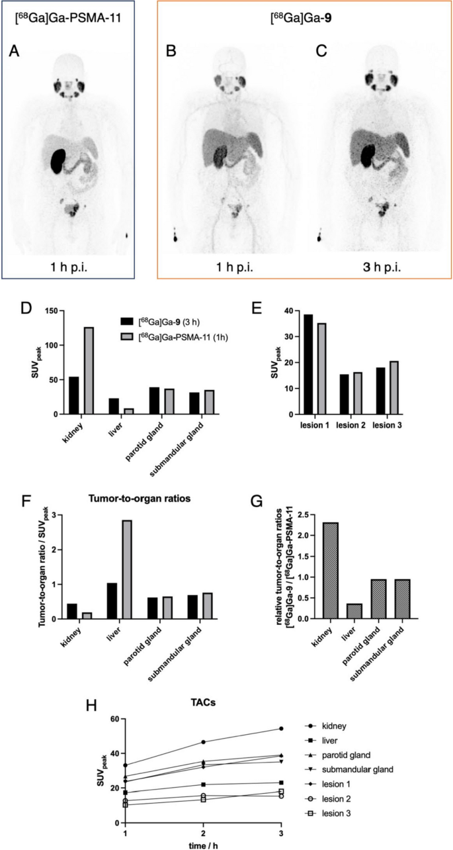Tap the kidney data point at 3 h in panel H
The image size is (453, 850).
(x=282, y=729)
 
